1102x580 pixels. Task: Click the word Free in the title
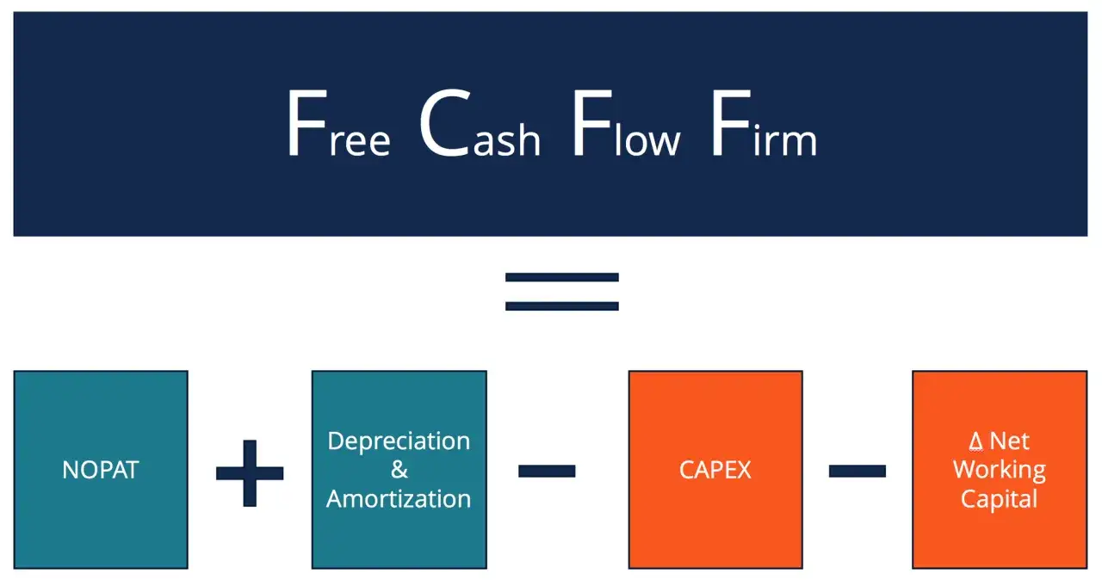pyautogui.click(x=339, y=123)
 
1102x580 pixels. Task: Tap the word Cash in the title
pyautogui.click(x=480, y=123)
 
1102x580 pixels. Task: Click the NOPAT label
pyautogui.click(x=101, y=470)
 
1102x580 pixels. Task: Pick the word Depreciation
pyautogui.click(x=399, y=441)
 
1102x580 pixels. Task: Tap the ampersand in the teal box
pyautogui.click(x=399, y=469)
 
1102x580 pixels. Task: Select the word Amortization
pyautogui.click(x=399, y=499)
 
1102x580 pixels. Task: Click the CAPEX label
pyautogui.click(x=715, y=470)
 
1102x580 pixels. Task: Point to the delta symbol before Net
pyautogui.click(x=976, y=441)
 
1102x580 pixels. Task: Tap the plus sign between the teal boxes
pyautogui.click(x=250, y=472)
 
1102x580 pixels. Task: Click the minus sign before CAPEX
pyautogui.click(x=547, y=471)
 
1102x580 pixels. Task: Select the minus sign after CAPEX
pyautogui.click(x=857, y=471)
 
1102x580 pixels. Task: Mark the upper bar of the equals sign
pyautogui.click(x=562, y=277)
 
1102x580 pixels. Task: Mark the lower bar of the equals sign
pyautogui.click(x=562, y=306)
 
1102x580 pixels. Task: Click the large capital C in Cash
pyautogui.click(x=444, y=123)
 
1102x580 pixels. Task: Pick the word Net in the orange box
pyautogui.click(x=1010, y=441)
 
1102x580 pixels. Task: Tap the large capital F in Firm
pyautogui.click(x=732, y=123)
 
